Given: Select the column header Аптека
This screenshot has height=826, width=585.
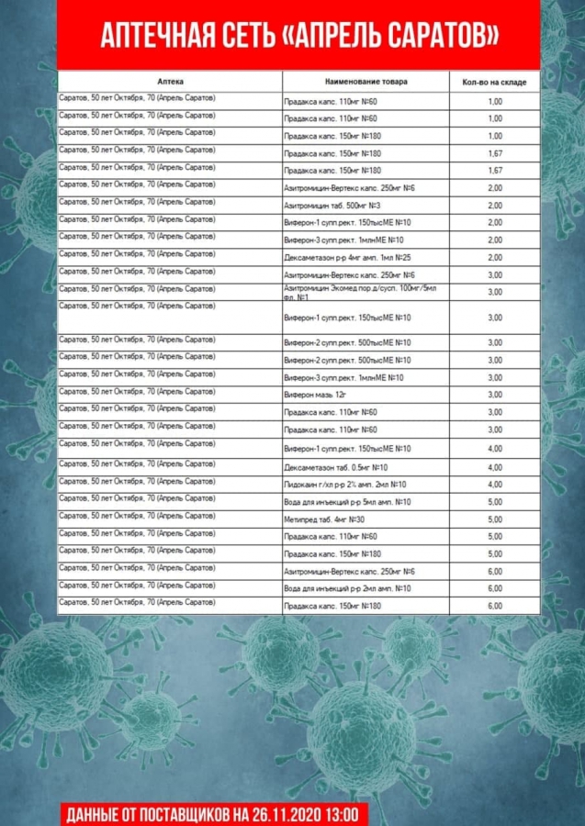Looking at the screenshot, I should [x=170, y=82].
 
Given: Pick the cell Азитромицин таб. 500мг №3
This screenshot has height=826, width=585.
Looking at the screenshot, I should [x=332, y=205].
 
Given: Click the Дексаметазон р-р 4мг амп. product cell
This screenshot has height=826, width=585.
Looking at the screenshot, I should [x=347, y=257].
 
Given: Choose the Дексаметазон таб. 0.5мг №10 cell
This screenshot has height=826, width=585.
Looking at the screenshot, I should [x=336, y=466].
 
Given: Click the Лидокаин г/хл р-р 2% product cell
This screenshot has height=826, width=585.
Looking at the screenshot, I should [x=345, y=484].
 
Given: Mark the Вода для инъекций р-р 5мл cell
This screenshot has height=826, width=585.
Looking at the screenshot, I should [x=347, y=502].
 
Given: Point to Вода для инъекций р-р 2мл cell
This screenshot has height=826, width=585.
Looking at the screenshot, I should [x=347, y=588].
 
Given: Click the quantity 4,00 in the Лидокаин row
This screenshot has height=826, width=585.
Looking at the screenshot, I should [x=495, y=484].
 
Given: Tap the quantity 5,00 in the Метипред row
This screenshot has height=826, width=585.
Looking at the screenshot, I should [x=495, y=519].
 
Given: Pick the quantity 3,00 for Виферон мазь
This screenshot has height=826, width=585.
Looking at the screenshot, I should [x=495, y=394].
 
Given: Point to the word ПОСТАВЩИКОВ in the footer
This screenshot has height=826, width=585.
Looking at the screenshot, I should [x=180, y=814].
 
